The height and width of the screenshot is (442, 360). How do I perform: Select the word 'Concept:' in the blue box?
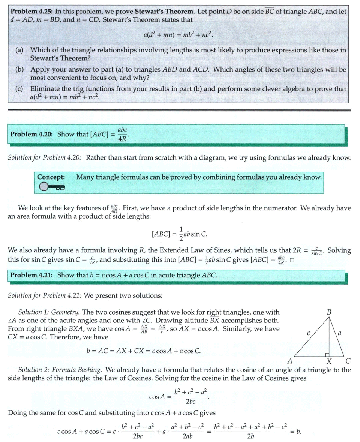click(51, 177)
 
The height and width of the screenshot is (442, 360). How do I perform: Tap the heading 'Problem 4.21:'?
click(32, 275)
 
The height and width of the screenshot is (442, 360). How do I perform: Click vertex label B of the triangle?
click(329, 312)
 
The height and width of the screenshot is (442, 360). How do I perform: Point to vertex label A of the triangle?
click(290, 361)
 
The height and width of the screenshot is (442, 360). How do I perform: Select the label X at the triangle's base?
click(329, 361)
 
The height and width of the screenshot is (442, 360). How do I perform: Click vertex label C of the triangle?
click(348, 361)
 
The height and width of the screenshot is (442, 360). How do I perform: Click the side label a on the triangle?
click(340, 332)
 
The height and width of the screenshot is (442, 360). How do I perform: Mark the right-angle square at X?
click(327, 354)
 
